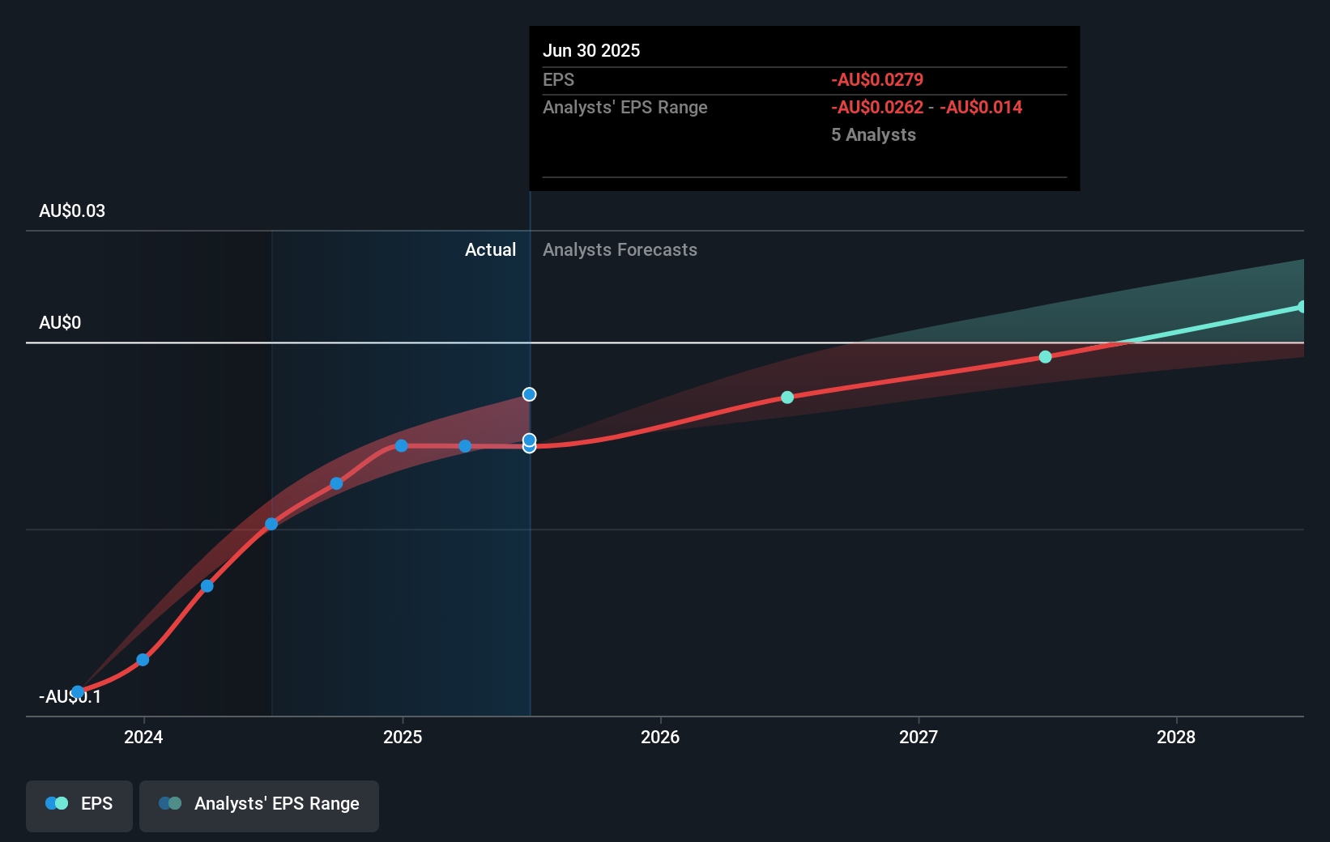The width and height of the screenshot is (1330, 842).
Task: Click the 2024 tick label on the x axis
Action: pyautogui.click(x=143, y=737)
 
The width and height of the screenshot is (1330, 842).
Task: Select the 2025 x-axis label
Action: pyautogui.click(x=403, y=737)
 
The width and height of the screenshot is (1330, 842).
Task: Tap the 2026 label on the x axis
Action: pyautogui.click(x=660, y=737)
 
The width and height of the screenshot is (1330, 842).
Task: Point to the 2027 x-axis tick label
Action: pyautogui.click(x=919, y=737)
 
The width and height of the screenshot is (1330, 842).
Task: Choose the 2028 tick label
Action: pyautogui.click(x=1176, y=737)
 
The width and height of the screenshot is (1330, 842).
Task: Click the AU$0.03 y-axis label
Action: pyautogui.click(x=72, y=210)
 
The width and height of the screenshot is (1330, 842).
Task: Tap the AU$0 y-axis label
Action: pyautogui.click(x=60, y=322)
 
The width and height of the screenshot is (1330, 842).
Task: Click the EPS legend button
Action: pyautogui.click(x=79, y=804)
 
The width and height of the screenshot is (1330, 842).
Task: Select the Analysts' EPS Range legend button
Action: pyautogui.click(x=259, y=804)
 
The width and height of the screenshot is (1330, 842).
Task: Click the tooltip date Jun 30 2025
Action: pyautogui.click(x=591, y=50)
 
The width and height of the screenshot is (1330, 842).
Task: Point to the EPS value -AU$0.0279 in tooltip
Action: pyautogui.click(x=877, y=79)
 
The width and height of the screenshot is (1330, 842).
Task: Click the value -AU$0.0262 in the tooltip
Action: pyautogui.click(x=877, y=107)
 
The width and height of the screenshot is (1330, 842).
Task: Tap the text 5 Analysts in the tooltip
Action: pyautogui.click(x=873, y=134)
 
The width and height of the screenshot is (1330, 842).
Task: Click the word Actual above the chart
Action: pyautogui.click(x=490, y=249)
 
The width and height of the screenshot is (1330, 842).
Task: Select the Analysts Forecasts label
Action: pyautogui.click(x=620, y=249)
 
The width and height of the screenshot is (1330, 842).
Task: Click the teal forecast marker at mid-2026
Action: pyautogui.click(x=787, y=398)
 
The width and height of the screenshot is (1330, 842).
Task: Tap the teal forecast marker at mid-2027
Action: pyautogui.click(x=1045, y=357)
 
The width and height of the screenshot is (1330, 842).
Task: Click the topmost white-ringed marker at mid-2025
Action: pyautogui.click(x=529, y=394)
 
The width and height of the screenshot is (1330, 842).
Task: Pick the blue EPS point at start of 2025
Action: pyautogui.click(x=401, y=446)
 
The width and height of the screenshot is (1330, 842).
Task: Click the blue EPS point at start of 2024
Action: pyautogui.click(x=143, y=660)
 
